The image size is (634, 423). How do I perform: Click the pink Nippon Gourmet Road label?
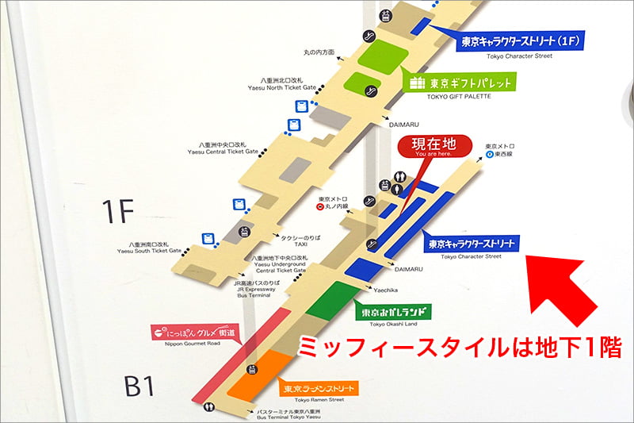[x=193, y=332]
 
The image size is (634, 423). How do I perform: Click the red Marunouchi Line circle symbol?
[x=319, y=208]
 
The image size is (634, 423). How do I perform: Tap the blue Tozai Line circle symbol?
[x=491, y=155]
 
